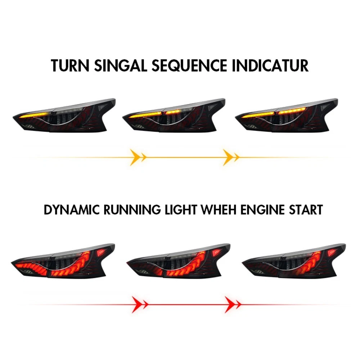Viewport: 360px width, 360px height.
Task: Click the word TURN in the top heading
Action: click(x=70, y=66)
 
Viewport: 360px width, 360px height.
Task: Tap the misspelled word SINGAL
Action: click(x=121, y=66)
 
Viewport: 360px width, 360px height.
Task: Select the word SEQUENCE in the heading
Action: click(x=189, y=66)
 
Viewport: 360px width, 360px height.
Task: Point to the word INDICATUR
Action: click(x=270, y=66)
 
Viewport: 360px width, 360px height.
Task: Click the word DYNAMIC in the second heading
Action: click(x=72, y=210)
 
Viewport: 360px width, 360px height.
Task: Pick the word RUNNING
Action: click(x=132, y=210)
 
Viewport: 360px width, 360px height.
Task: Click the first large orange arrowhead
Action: click(x=135, y=157)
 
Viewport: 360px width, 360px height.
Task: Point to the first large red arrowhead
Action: click(x=137, y=305)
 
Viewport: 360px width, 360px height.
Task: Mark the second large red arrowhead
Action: click(x=230, y=305)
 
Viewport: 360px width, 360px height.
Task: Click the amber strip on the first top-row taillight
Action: click(x=35, y=115)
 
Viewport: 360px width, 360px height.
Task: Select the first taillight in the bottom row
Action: click(x=63, y=261)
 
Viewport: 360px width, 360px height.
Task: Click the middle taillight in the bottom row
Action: click(x=179, y=261)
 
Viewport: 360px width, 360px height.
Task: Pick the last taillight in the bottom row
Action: click(x=294, y=261)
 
